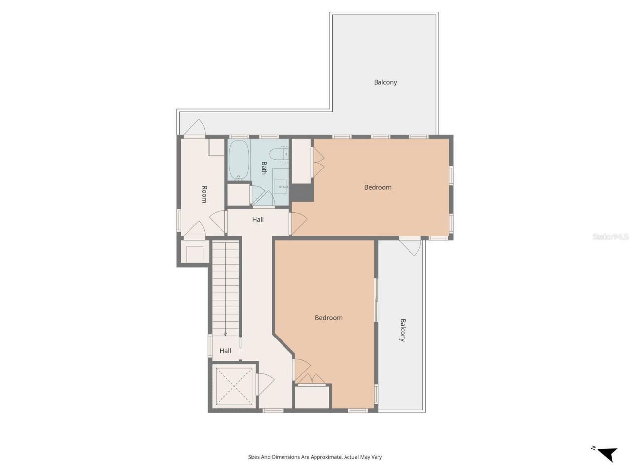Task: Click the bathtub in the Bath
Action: (x=239, y=160)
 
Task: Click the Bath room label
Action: (x=264, y=168)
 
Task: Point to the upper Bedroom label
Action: (x=378, y=187)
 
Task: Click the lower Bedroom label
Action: (x=328, y=318)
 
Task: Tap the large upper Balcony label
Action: (x=385, y=82)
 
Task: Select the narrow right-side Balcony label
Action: (x=402, y=330)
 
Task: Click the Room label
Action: (x=204, y=194)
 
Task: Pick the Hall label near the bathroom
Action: (x=258, y=220)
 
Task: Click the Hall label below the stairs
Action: (x=225, y=351)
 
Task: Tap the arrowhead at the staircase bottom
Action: (x=225, y=334)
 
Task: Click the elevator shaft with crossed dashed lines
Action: (x=233, y=386)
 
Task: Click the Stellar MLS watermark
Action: (x=610, y=237)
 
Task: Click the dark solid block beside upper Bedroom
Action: (x=302, y=193)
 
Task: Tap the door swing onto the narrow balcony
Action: (x=411, y=246)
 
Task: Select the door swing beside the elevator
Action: (x=264, y=383)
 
